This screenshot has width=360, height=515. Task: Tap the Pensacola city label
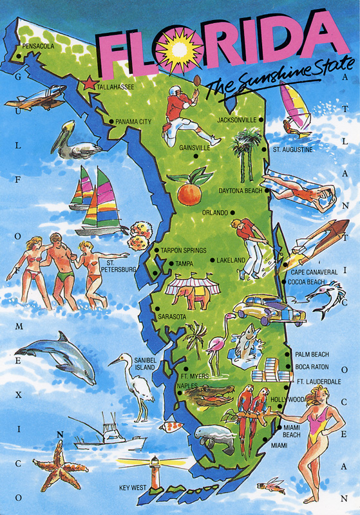coord(39,46)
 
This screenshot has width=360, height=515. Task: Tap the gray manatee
coord(216,439)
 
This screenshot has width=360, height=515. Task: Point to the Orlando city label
coord(215,212)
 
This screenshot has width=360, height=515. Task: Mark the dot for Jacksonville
coord(262,120)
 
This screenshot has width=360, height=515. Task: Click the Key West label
coord(133,488)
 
